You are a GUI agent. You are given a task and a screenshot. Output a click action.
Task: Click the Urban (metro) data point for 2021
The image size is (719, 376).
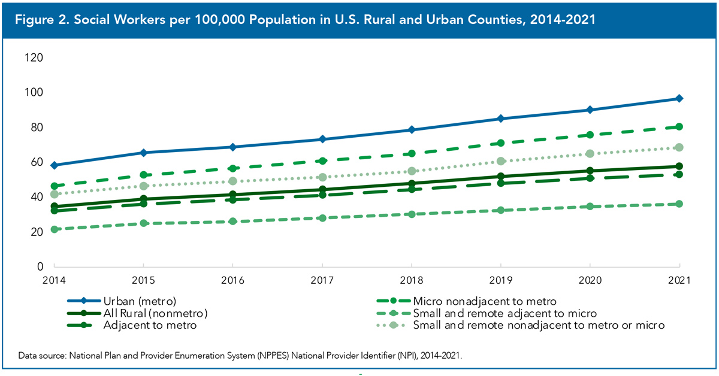679,98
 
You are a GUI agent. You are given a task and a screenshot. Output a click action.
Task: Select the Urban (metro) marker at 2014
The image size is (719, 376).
55,165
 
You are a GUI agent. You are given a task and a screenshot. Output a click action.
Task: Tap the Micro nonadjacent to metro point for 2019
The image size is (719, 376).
501,143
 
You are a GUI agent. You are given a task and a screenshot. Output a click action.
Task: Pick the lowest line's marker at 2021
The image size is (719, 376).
679,204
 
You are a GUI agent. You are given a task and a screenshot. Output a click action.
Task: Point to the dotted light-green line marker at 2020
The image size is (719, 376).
590,154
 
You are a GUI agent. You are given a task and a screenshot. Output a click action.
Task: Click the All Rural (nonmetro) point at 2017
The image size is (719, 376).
322,190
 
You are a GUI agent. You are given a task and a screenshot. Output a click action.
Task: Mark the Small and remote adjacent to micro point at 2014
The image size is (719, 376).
55,229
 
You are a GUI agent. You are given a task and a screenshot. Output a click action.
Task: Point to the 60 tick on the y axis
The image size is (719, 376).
37,162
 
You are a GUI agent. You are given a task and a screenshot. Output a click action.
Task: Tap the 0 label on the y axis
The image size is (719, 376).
40,266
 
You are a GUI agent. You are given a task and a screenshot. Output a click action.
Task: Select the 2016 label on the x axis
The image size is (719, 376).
232,280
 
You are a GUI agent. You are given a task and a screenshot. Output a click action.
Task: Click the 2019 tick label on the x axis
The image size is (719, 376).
501,280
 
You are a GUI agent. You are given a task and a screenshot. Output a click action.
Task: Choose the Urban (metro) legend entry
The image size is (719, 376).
139,301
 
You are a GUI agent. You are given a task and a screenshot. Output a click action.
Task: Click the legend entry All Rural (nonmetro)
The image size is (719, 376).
155,313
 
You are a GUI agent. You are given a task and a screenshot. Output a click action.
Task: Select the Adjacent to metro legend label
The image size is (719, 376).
150,326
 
